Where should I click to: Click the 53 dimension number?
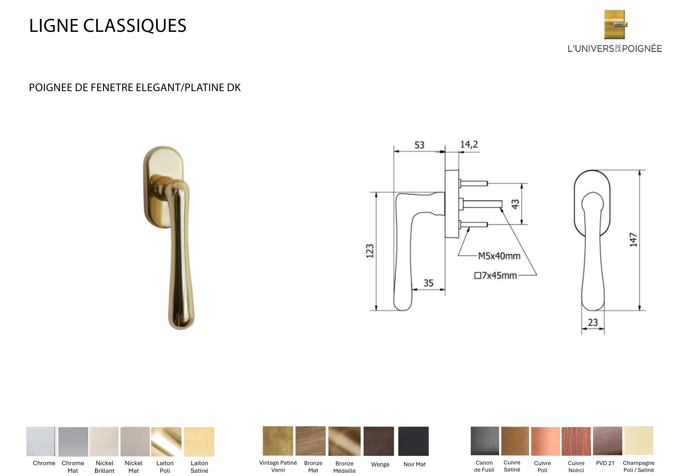point(419,145)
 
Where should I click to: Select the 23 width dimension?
point(593,322)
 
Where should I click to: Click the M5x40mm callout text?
point(499,256)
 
